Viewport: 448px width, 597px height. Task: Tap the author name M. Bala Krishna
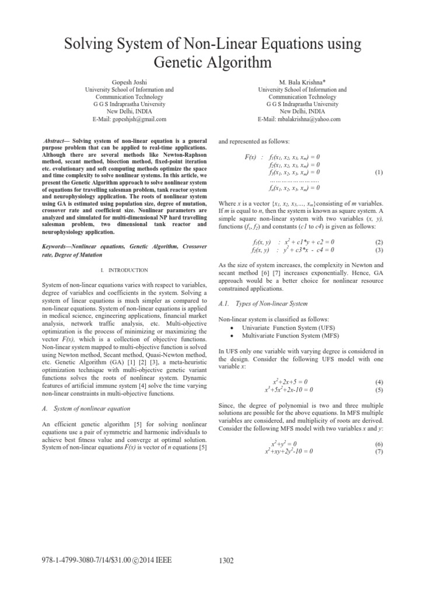click(x=302, y=83)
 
